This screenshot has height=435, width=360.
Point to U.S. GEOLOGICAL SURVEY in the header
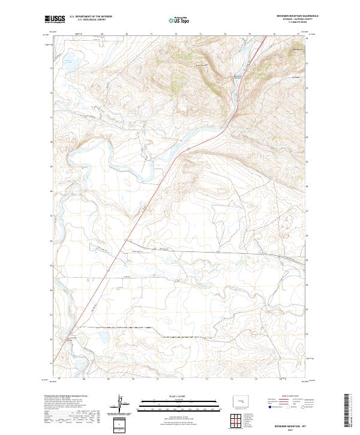point(90,20)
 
